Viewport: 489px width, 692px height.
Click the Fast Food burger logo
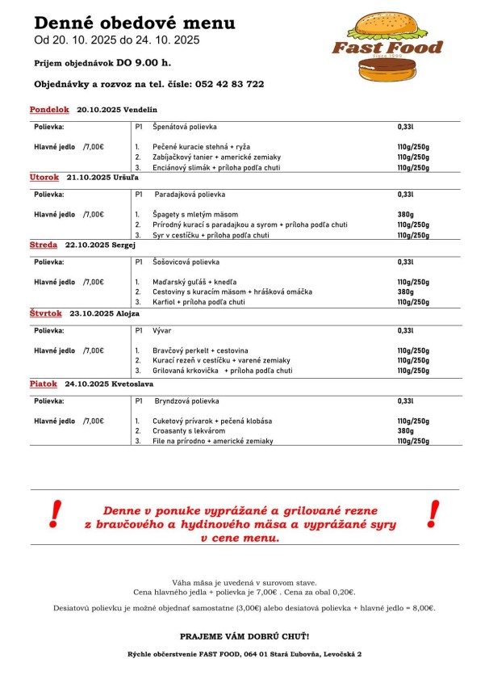(387, 46)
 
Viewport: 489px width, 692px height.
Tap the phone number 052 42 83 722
(229, 84)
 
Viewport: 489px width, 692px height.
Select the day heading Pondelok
(50, 109)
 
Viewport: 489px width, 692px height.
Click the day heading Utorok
(44, 177)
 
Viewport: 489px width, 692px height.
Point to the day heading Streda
(44, 245)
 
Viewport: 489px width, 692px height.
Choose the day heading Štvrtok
(46, 312)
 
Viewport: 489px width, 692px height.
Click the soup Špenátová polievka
(184, 128)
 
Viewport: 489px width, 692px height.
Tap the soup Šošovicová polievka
(186, 262)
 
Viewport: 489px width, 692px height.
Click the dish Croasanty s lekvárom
(190, 431)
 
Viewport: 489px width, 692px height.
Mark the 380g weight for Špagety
(405, 214)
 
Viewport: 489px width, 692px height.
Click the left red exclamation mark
(55, 512)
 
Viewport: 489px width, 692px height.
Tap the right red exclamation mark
(433, 512)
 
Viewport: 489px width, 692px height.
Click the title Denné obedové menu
(135, 23)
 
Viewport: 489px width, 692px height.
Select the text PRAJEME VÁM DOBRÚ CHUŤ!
(244, 636)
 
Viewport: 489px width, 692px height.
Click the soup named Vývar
(162, 330)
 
